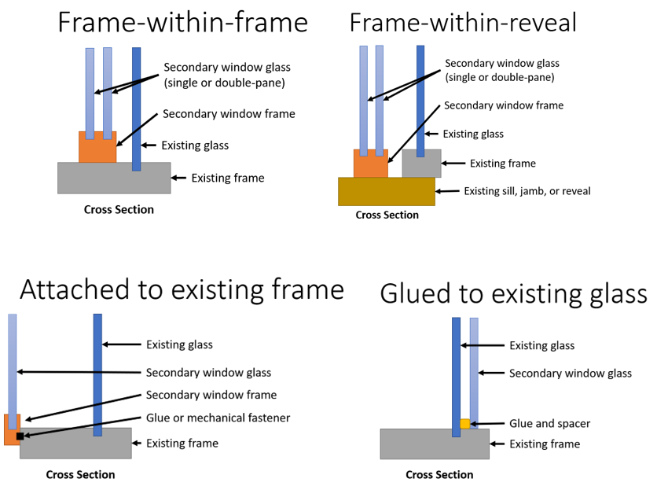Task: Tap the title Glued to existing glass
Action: coord(513,293)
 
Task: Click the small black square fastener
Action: coord(20,435)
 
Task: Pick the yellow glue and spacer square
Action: coord(464,424)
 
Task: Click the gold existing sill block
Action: coord(386,191)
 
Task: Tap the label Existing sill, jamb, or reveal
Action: coord(527,191)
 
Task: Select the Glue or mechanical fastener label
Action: coord(218,418)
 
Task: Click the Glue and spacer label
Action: coord(549,423)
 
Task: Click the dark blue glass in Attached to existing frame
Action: coord(97,370)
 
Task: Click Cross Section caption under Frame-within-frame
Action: coord(119,210)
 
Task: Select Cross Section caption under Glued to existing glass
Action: coord(439,474)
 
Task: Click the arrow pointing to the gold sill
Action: coord(448,191)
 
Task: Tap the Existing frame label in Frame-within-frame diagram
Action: coord(228,179)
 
